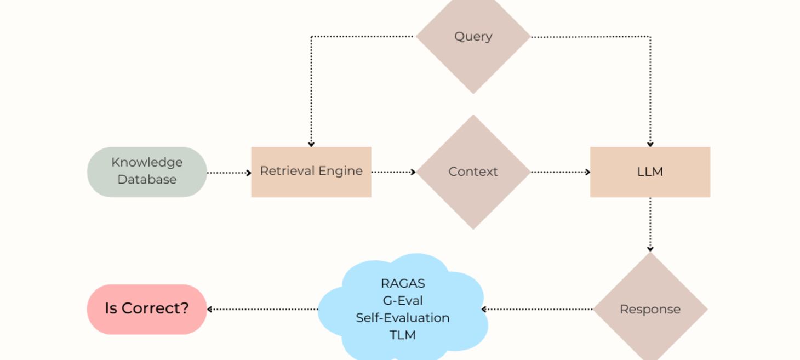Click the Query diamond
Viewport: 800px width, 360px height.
click(473, 37)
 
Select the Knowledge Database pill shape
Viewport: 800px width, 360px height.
click(147, 172)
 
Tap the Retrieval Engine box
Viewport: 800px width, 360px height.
click(311, 172)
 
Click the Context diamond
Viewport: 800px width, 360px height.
click(473, 172)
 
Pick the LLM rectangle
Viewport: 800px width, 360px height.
click(650, 172)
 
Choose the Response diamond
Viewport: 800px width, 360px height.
click(650, 310)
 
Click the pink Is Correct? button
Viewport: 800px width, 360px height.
click(147, 309)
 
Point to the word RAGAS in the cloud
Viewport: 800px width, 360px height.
click(403, 284)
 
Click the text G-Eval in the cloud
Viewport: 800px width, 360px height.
click(403, 301)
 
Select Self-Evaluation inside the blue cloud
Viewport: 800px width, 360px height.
click(403, 318)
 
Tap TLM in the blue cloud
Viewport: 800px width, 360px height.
click(403, 335)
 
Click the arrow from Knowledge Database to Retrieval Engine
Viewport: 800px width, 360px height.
click(229, 173)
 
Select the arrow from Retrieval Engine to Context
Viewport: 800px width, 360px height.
click(393, 172)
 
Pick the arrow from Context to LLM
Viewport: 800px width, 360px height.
click(560, 172)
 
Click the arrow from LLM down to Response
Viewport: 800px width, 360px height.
click(650, 225)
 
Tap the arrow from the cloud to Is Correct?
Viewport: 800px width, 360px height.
click(262, 310)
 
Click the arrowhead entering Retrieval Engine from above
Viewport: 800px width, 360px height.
click(311, 144)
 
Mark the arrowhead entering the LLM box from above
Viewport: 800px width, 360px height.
click(650, 144)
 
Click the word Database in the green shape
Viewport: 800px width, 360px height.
click(147, 180)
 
